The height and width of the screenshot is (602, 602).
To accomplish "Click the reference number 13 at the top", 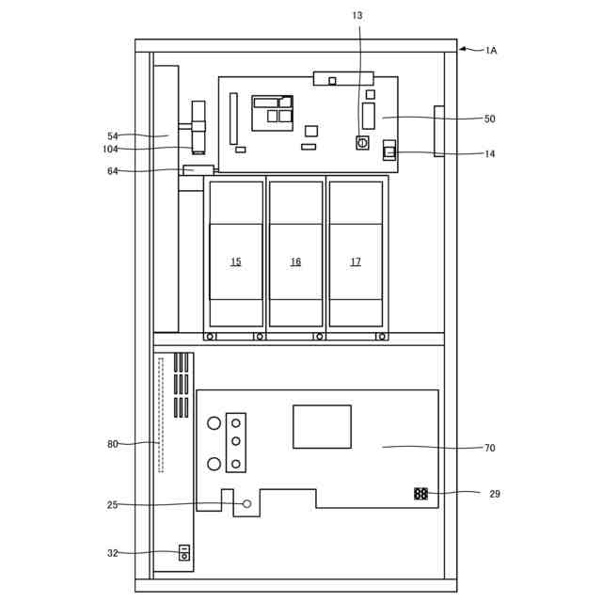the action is (x=357, y=15).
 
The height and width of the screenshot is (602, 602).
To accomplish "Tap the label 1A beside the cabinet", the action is (x=491, y=50).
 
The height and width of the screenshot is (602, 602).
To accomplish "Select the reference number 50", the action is (x=489, y=119).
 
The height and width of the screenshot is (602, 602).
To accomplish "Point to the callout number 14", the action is (x=489, y=154).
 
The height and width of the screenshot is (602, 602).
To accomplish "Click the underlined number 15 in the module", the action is (x=236, y=261).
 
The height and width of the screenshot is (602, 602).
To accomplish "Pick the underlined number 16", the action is (x=295, y=261).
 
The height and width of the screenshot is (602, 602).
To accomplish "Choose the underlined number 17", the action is (x=356, y=261).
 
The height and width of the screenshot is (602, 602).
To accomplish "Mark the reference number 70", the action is (x=489, y=448).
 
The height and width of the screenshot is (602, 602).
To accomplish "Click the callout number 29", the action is (x=495, y=494).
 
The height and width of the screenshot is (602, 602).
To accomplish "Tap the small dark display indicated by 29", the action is (x=420, y=494).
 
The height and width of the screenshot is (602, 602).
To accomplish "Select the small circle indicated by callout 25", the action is (x=247, y=504).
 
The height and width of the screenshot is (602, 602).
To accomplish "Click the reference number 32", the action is (x=113, y=553).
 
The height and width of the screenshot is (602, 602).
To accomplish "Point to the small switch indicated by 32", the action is (x=184, y=553).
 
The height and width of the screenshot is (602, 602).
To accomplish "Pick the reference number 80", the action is (x=113, y=444).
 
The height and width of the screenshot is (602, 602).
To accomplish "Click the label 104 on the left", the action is (x=110, y=149).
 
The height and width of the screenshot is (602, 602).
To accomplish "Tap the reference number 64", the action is (x=113, y=171).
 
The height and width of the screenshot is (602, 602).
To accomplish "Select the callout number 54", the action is (x=113, y=136).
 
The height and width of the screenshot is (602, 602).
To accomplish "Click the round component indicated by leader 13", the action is (x=362, y=143).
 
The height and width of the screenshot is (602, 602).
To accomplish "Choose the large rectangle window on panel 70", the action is (x=322, y=426).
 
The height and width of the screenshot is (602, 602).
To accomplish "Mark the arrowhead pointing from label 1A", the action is (x=463, y=49).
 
